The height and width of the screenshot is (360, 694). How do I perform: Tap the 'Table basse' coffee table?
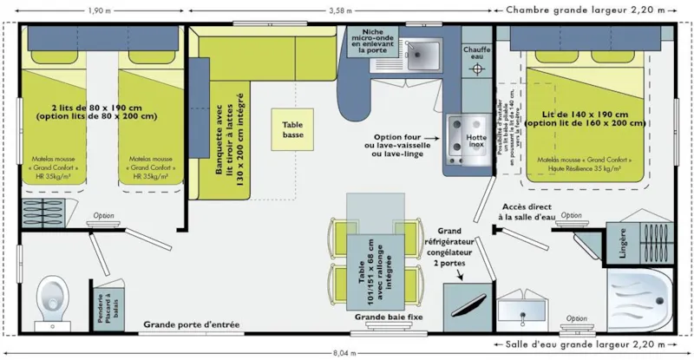[292, 130]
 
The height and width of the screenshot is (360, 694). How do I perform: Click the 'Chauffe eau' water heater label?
[476, 55]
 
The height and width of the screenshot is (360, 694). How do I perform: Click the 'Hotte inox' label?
[476, 140]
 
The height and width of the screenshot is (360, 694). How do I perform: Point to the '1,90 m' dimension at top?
[97, 10]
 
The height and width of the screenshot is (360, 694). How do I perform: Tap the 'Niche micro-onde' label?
[376, 40]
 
